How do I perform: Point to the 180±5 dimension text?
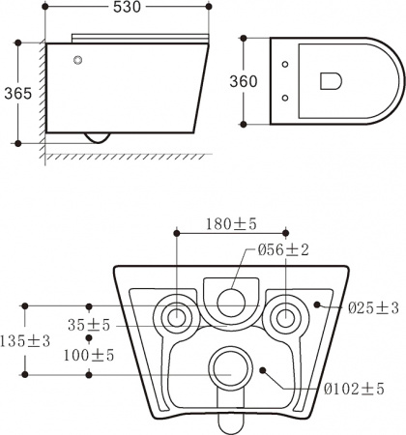(231, 224)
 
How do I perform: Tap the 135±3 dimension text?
(27, 340)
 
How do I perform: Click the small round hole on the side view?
(76, 62)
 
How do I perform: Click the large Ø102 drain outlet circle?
(230, 365)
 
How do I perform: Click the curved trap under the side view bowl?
(98, 138)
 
